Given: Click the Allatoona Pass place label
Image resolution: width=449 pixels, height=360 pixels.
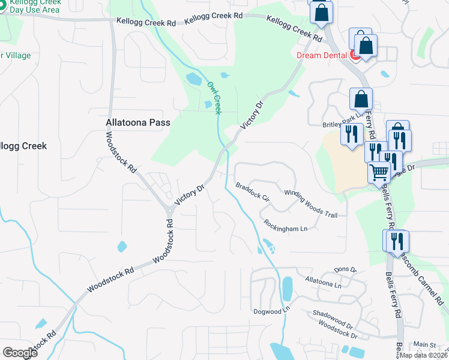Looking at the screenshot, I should [x=137, y=122].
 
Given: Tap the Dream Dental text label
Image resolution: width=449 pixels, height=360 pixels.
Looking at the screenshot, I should [x=323, y=55].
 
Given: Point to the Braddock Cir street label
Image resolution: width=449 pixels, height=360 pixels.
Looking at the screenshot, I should [x=253, y=191].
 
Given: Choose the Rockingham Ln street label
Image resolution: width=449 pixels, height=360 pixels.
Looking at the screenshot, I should [x=285, y=226].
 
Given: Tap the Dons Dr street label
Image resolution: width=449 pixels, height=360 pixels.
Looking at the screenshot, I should [x=345, y=270].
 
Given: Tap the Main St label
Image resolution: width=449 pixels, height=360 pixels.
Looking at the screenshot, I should [x=424, y=345].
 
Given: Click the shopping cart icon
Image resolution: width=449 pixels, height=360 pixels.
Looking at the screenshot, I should [x=379, y=172].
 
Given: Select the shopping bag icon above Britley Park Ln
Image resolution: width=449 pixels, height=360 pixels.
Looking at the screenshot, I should [x=361, y=98].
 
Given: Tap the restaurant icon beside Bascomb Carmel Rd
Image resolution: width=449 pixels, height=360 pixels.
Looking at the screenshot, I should [x=396, y=241].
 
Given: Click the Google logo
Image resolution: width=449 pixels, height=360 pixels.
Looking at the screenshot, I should [x=20, y=353].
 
